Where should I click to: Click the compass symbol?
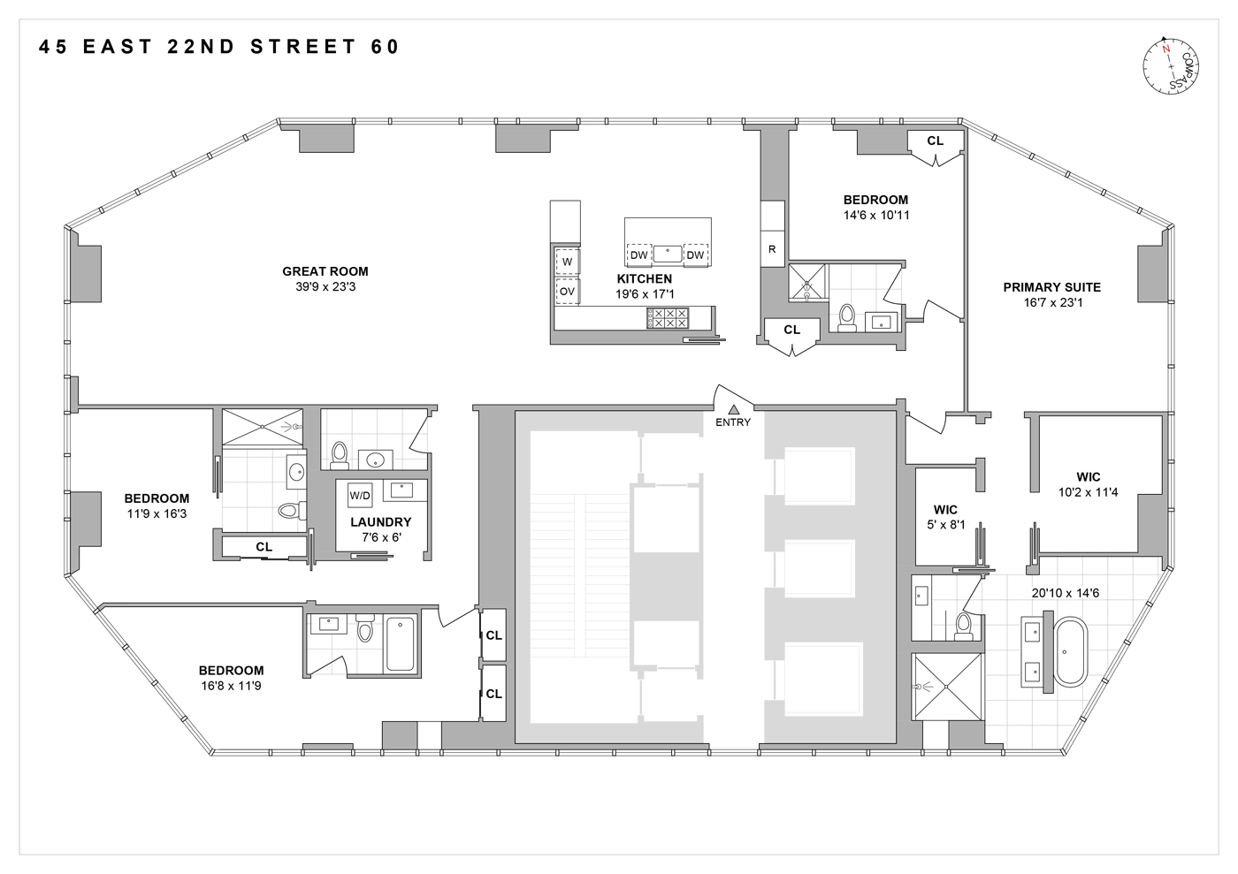pos(1171,66)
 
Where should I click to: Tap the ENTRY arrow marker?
pos(733,408)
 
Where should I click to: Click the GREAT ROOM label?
pos(325,271)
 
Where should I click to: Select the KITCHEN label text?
pos(644,278)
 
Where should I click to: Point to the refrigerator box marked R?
pos(772,249)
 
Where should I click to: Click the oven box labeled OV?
pos(567,291)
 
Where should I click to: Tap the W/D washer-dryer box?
pos(360,495)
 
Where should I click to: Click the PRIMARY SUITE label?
pos(1051,287)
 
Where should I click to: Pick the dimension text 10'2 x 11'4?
pos(1088,492)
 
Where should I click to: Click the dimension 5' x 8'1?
pos(945,525)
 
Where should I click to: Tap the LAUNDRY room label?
pos(380,522)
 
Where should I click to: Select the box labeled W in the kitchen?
pos(567,262)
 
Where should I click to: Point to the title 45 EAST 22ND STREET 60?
pos(220,47)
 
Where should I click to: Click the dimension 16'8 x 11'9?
pos(231,685)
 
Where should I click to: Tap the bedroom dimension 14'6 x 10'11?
pos(875,215)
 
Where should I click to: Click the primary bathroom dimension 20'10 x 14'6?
pos(1065,593)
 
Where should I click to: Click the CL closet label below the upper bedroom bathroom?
pos(791,330)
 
